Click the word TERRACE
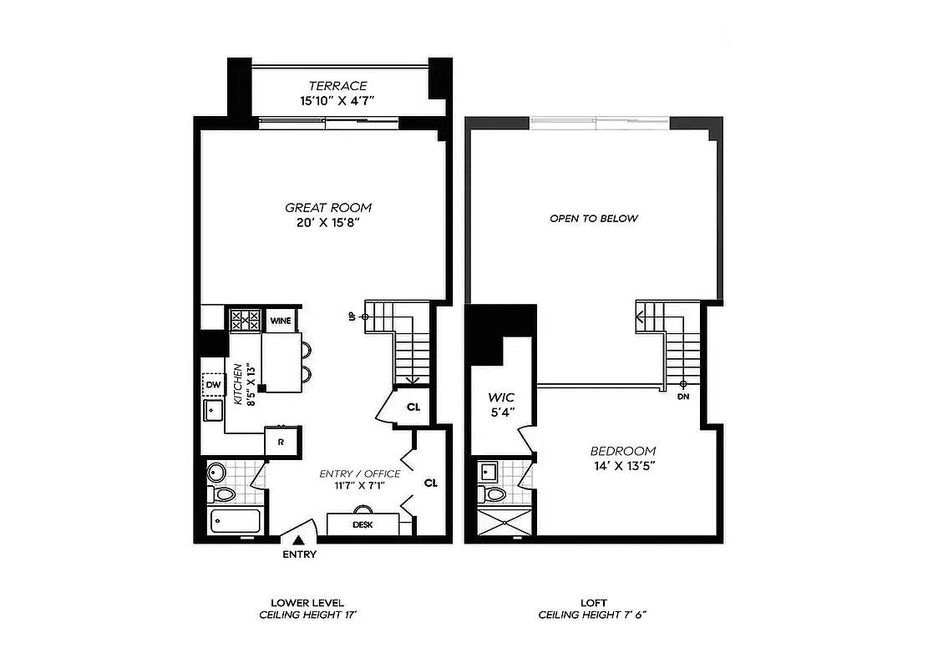337,86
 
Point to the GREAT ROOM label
328,208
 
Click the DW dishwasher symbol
213,384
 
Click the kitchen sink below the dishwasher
213,412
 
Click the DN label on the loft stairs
683,397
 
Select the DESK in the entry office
363,524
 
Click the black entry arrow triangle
298,542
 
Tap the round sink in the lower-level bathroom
216,473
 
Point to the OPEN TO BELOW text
593,219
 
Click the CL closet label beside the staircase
413,407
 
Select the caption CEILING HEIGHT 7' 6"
593,615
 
